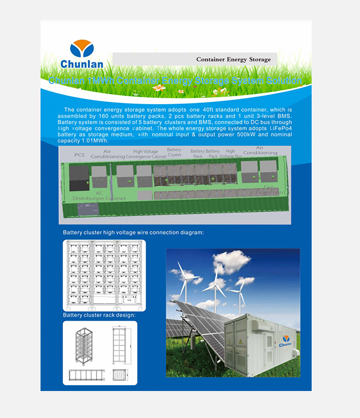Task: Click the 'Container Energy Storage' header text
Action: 233,59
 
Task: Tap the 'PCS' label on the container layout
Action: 79,154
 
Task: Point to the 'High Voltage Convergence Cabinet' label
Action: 146,154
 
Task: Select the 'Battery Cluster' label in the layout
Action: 174,152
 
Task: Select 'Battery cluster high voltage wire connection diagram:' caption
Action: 133,232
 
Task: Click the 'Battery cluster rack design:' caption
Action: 99,315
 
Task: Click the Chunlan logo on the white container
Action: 286,339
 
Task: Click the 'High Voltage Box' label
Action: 231,153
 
